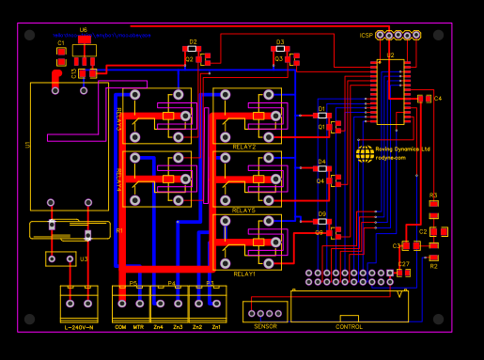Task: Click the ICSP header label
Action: click(366, 36)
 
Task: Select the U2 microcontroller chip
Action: click(390, 92)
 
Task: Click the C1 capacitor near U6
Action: click(61, 51)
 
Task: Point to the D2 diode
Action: click(192, 49)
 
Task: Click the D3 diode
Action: click(279, 49)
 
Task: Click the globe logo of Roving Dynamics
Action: click(365, 154)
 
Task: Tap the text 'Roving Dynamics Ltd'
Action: click(403, 149)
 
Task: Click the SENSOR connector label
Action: click(265, 326)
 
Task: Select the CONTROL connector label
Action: click(349, 326)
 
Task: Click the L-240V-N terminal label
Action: click(79, 326)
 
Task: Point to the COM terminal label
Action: click(120, 326)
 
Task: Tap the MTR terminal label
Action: click(138, 326)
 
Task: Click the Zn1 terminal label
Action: click(216, 326)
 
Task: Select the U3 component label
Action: click(84, 258)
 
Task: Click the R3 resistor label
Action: click(433, 195)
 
